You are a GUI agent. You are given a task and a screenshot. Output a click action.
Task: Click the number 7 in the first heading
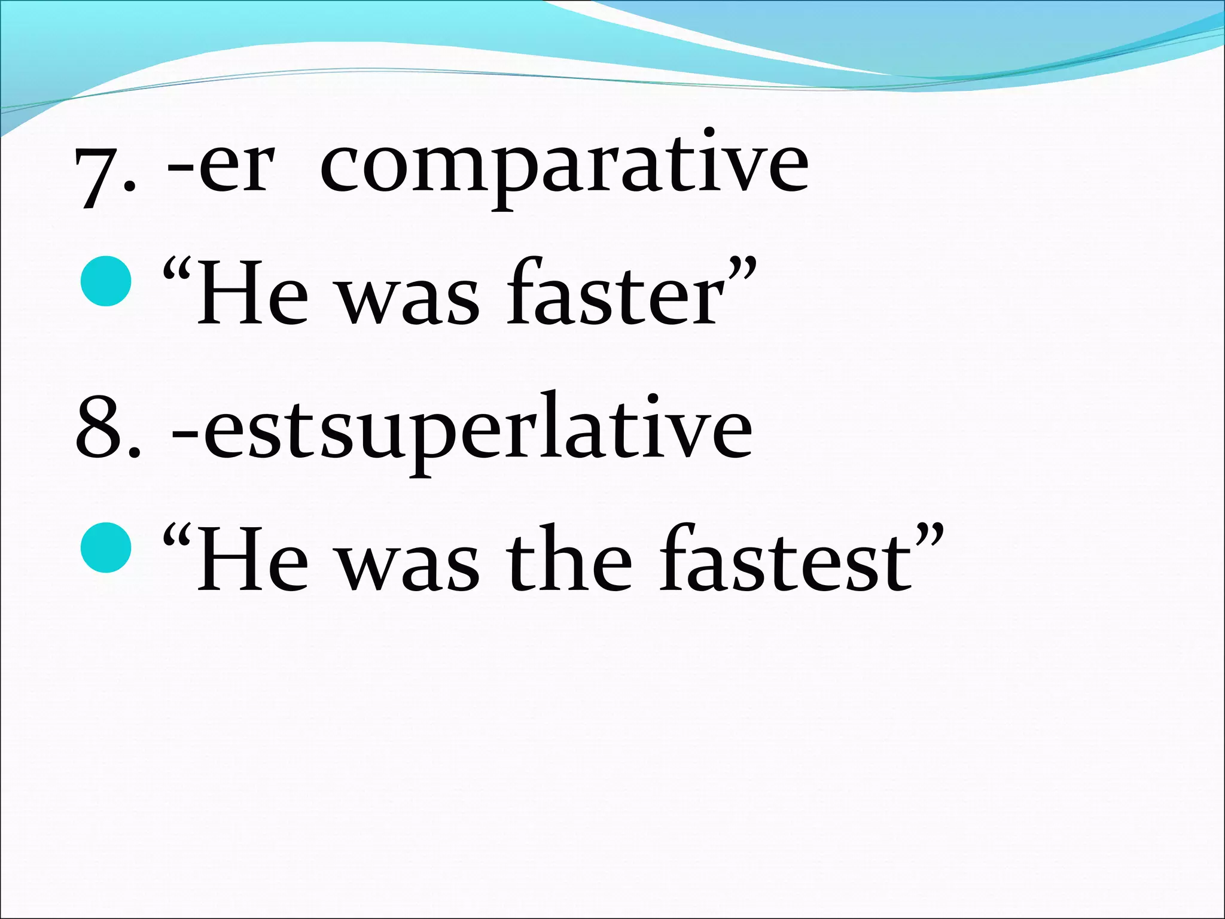tap(95, 176)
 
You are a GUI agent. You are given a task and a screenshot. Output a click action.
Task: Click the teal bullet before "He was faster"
tap(106, 281)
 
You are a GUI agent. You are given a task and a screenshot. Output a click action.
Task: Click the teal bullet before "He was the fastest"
tap(106, 547)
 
